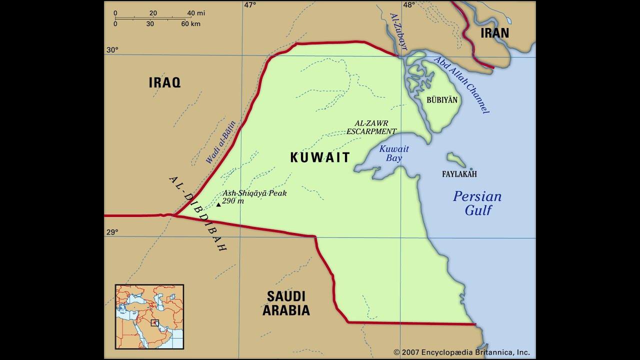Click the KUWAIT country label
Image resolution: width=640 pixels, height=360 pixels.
pyautogui.click(x=320, y=157)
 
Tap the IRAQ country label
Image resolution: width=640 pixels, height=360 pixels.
pyautogui.click(x=164, y=82)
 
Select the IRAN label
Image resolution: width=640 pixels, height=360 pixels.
pyautogui.click(x=494, y=33)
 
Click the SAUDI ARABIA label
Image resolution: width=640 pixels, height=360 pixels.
pyautogui.click(x=286, y=303)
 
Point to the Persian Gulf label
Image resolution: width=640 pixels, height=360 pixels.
pyautogui.click(x=477, y=203)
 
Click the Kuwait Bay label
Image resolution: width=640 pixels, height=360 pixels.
pyautogui.click(x=394, y=153)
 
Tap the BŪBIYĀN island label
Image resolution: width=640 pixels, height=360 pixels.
pyautogui.click(x=442, y=100)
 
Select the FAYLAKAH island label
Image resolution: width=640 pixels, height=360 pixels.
pyautogui.click(x=459, y=174)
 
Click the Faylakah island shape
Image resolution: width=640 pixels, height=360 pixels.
pyautogui.click(x=456, y=160)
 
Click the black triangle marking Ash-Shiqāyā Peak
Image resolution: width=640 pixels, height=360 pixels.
pyautogui.click(x=218, y=204)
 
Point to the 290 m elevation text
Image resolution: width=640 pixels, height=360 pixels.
pyautogui.click(x=233, y=201)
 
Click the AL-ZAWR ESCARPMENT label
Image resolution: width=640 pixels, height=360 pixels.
pyautogui.click(x=371, y=127)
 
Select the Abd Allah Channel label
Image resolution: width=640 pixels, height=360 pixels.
pyautogui.click(x=461, y=85)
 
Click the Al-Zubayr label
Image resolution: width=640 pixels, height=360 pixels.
pyautogui.click(x=398, y=31)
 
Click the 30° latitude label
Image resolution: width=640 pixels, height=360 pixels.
pyautogui.click(x=112, y=49)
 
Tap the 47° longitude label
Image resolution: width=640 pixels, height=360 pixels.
pyautogui.click(x=249, y=5)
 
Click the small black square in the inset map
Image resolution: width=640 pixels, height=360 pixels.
pyautogui.click(x=155, y=323)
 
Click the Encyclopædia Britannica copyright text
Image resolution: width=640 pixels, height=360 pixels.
pyautogui.click(x=461, y=352)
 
